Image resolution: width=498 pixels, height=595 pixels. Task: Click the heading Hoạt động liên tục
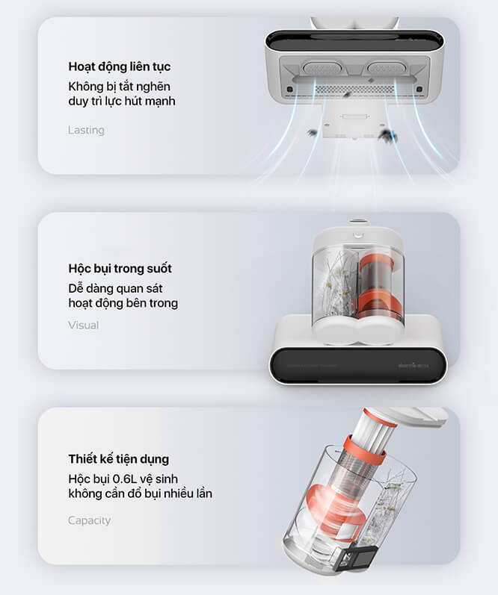(x=120, y=66)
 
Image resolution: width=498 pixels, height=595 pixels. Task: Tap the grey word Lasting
(x=86, y=130)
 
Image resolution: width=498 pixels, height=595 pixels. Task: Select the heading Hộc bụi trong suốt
(x=120, y=269)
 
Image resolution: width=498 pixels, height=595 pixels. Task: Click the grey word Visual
(x=83, y=325)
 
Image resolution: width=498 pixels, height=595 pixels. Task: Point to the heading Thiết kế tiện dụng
(x=119, y=459)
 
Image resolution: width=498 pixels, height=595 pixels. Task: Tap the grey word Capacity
(x=89, y=520)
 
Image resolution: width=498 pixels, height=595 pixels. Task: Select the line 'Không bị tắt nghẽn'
(x=120, y=87)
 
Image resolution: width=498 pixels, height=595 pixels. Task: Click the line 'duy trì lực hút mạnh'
(x=122, y=102)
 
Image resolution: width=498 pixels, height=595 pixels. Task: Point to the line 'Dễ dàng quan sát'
(x=115, y=289)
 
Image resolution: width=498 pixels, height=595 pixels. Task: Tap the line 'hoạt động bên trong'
(x=123, y=303)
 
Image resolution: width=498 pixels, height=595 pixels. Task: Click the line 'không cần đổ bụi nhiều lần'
(x=141, y=493)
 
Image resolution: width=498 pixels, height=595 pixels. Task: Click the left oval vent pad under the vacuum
(x=322, y=69)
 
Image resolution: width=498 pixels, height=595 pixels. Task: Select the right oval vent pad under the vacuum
(x=387, y=68)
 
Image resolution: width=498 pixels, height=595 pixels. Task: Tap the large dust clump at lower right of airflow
(x=389, y=136)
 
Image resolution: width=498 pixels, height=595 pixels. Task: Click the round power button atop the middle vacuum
(x=357, y=235)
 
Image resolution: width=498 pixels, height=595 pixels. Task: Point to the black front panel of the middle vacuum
(x=357, y=365)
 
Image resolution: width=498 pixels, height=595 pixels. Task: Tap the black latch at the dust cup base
(x=355, y=557)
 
